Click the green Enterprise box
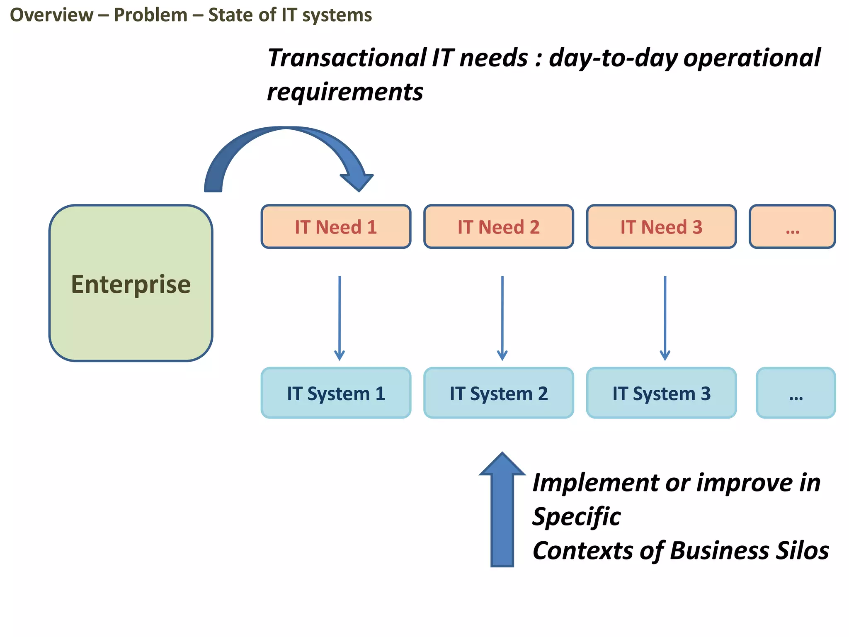pyautogui.click(x=131, y=283)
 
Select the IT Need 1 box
pyautogui.click(x=336, y=227)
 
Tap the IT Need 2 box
pyautogui.click(x=498, y=227)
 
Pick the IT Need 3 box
pyautogui.click(x=661, y=227)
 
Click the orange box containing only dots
pyautogui.click(x=792, y=227)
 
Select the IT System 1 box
pyautogui.click(x=336, y=393)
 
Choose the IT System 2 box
pyautogui.click(x=498, y=393)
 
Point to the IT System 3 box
pyautogui.click(x=661, y=393)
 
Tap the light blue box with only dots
pyautogui.click(x=796, y=393)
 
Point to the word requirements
pyautogui.click(x=345, y=92)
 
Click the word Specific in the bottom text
pyautogui.click(x=576, y=517)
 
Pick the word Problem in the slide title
pyautogui.click(x=150, y=15)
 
